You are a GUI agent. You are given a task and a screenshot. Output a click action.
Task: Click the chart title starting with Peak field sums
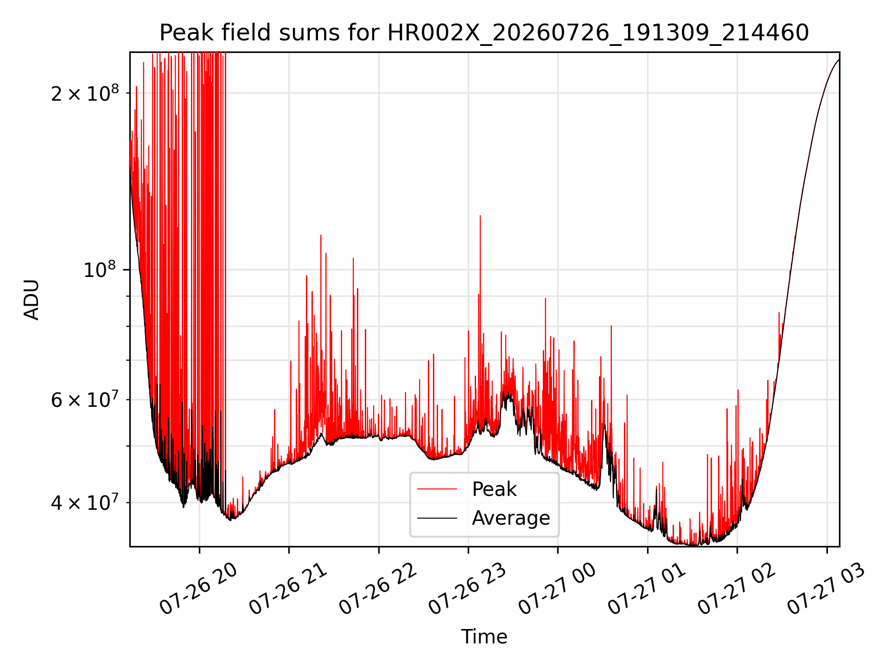coord(484,33)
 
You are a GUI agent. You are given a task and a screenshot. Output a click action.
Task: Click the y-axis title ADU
coord(32,300)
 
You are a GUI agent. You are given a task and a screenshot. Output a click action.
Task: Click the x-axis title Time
coord(484,636)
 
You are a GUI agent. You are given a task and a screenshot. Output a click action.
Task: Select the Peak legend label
coord(494,489)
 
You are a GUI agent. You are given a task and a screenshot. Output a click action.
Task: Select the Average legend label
coord(511,518)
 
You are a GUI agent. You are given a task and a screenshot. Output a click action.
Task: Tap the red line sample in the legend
coord(437,489)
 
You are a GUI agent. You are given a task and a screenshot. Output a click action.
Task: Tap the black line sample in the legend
coord(437,518)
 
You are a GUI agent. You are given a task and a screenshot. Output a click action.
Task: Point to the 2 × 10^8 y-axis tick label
coord(85,93)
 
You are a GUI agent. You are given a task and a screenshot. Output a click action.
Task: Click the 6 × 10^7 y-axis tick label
coord(85,399)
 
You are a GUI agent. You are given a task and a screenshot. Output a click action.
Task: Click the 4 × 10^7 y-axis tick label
coord(85,502)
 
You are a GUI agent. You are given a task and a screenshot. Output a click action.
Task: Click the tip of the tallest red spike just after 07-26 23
coord(480,216)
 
